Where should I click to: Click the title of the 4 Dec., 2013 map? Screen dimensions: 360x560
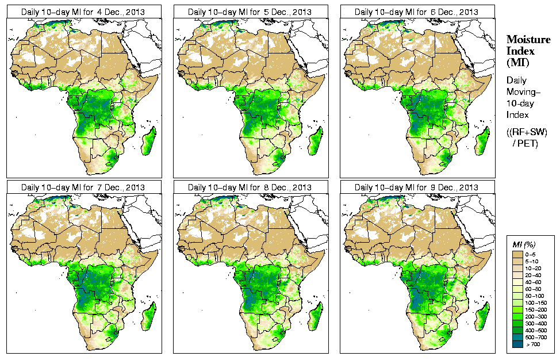pos(83,12)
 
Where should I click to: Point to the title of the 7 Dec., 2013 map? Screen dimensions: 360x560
pos(83,187)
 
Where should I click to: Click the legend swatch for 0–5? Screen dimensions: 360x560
pos(517,254)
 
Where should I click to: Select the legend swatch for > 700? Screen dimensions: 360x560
pos(517,345)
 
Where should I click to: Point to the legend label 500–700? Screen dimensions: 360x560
pos(538,338)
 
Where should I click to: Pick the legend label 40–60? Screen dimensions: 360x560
pos(537,282)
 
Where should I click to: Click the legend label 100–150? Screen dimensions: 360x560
pos(538,303)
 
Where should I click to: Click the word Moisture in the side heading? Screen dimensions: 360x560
pos(528,39)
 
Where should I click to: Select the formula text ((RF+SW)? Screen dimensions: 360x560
pos(527,132)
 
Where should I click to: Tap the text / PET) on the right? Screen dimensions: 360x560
pos(526,143)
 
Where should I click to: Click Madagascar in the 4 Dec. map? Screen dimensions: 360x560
pos(149,141)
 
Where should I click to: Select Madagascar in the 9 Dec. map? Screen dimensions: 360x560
pos(482,317)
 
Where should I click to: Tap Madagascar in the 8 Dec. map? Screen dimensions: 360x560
pos(316,317)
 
